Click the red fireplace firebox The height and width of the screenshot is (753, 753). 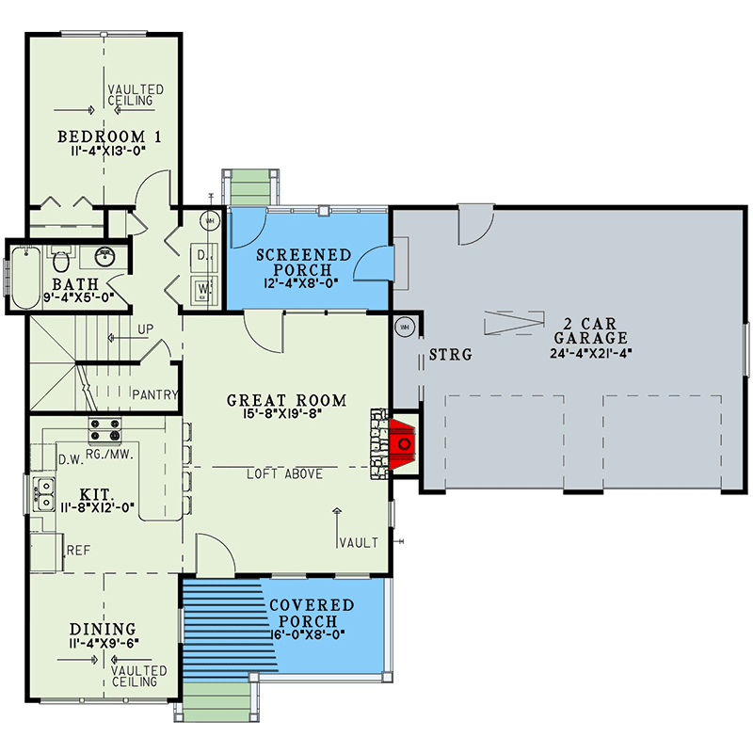(x=405, y=441)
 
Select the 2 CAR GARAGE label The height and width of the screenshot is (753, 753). (x=590, y=330)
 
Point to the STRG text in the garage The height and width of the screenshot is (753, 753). (x=449, y=355)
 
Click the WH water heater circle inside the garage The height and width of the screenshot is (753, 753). (x=406, y=326)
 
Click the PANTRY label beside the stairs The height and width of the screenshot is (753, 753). (x=155, y=394)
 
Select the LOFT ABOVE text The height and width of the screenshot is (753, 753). (x=284, y=473)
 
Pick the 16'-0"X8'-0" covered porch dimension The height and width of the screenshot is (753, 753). (x=310, y=635)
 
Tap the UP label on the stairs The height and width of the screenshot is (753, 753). (x=144, y=329)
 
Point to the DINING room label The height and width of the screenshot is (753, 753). (x=103, y=629)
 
